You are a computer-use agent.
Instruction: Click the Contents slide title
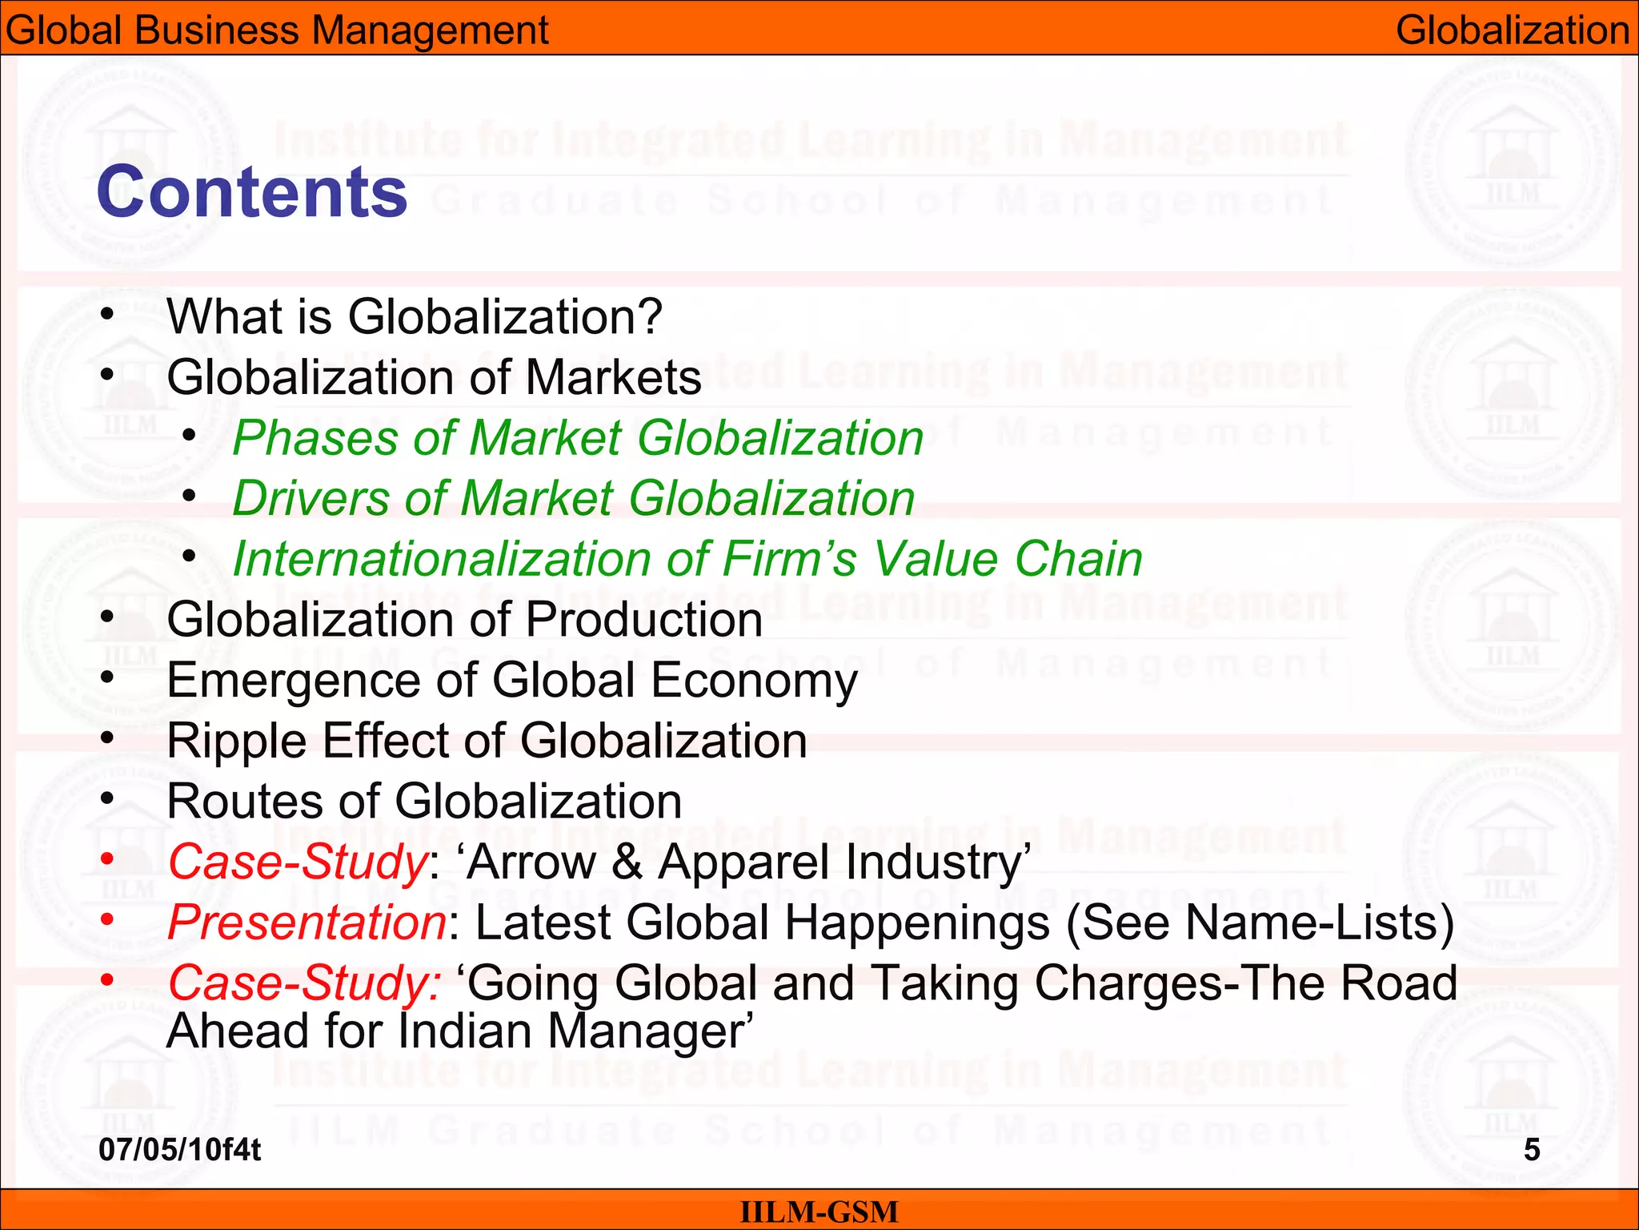(251, 192)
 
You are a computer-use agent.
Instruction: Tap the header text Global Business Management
(276, 30)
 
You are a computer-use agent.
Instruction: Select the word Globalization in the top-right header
(1513, 30)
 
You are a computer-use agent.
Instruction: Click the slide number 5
(1531, 1150)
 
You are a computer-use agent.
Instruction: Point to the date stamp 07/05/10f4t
(179, 1150)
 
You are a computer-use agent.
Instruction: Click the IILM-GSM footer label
(819, 1212)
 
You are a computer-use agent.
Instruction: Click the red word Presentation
(307, 922)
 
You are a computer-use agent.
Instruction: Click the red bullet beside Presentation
(107, 921)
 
